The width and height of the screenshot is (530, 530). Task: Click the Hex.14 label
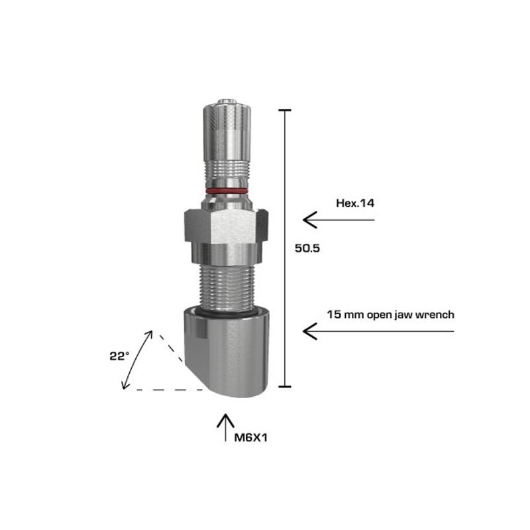pos(355,203)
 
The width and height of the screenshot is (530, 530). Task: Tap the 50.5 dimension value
pos(307,248)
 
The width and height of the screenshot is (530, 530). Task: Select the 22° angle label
pos(119,356)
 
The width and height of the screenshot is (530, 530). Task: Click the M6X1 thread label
pos(251,438)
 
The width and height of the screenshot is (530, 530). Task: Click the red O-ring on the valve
pos(227,191)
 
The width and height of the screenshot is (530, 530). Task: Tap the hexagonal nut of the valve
pos(227,226)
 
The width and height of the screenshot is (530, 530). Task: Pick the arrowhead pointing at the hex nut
pos(309,220)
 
